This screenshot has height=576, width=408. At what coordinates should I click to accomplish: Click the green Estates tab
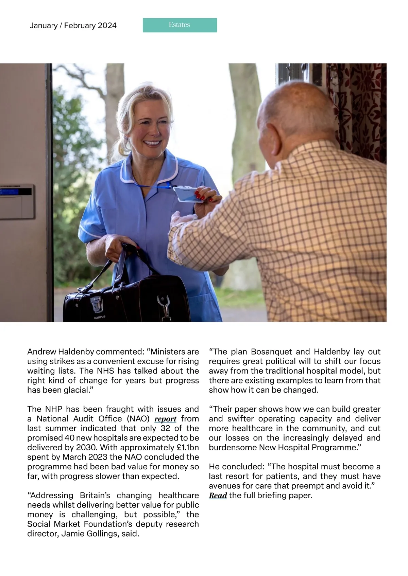(x=180, y=25)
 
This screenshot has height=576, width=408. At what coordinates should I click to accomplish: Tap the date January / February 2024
(x=73, y=25)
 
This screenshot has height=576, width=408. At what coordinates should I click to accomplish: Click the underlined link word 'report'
(x=165, y=419)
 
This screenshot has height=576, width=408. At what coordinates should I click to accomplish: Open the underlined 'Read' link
(x=218, y=496)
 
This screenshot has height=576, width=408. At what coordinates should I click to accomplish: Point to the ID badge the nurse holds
(x=188, y=195)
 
